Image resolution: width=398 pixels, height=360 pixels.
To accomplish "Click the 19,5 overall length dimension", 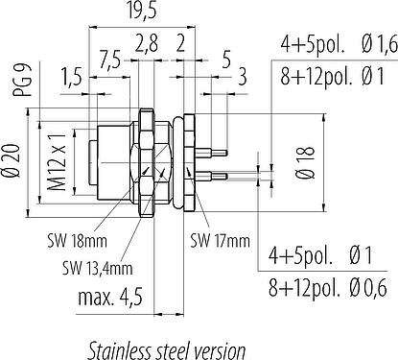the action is click(x=141, y=12).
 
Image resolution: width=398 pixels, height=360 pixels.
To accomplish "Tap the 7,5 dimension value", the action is click(x=109, y=60).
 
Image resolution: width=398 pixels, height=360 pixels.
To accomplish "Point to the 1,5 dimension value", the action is click(x=71, y=77).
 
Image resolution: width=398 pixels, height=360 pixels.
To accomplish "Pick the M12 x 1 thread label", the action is click(x=58, y=161).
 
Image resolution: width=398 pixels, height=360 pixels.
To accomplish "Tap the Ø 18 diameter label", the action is click(x=306, y=162).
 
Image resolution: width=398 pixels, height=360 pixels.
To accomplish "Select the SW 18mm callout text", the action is click(x=77, y=240).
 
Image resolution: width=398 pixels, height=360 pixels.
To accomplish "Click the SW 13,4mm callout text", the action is click(x=97, y=268).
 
